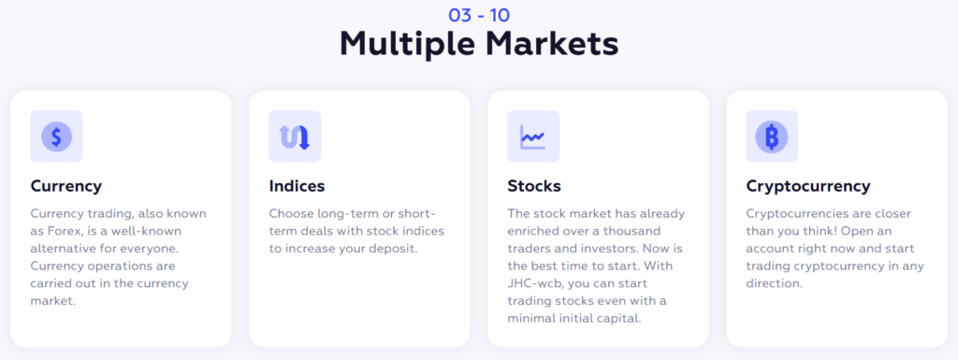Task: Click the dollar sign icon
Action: click(x=56, y=137)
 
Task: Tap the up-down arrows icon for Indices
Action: click(x=295, y=137)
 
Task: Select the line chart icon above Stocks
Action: click(x=532, y=137)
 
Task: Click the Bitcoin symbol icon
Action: click(x=772, y=137)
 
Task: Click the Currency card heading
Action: click(x=66, y=186)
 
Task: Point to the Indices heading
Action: click(x=297, y=186)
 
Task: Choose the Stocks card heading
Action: click(x=534, y=186)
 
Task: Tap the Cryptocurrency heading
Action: click(x=807, y=186)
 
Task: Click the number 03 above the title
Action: click(x=460, y=15)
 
